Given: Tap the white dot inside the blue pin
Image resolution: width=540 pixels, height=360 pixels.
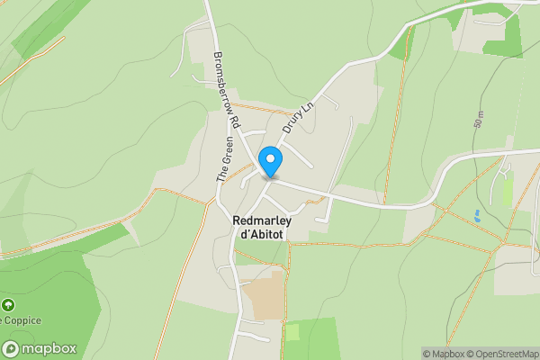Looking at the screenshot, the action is coord(270,158).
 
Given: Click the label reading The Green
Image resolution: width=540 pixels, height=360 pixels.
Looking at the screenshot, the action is coord(225,160).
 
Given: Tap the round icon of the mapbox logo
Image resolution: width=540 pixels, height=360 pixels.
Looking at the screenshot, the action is coord(12,348).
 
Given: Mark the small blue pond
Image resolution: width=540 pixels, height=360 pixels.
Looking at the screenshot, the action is coord(476,216).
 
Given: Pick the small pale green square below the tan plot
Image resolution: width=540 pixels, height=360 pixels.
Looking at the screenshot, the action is coord(292,332).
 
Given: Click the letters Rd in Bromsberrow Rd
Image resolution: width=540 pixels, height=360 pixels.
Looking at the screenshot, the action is coord(232,120).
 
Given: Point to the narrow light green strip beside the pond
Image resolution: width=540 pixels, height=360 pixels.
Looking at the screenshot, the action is coord(507,192).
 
